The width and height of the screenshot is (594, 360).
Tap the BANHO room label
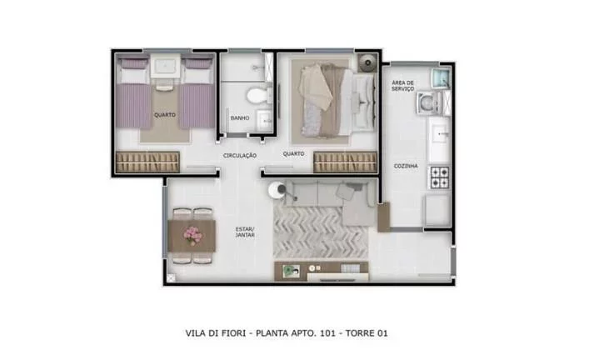click(x=239, y=118)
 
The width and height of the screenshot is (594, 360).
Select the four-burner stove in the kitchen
click(x=438, y=177)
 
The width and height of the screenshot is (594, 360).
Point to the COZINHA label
click(x=406, y=166)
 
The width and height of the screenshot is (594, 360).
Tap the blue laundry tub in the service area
click(x=438, y=79)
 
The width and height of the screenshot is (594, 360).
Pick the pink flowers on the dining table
click(x=192, y=235)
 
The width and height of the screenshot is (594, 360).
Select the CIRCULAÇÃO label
click(x=240, y=156)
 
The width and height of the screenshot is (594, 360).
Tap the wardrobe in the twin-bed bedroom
click(x=149, y=161)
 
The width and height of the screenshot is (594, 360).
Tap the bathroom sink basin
click(x=266, y=117)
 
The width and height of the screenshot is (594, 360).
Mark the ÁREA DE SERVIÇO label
click(x=403, y=86)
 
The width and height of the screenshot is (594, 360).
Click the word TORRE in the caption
click(x=354, y=333)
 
